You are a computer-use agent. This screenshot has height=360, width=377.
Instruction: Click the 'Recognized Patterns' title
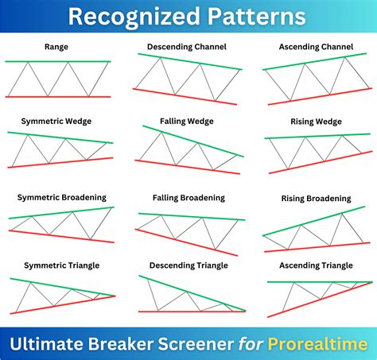pyautogui.click(x=188, y=17)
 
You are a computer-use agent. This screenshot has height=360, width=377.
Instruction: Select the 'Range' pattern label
pyautogui.click(x=56, y=47)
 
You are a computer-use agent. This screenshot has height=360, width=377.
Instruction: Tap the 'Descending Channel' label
pyautogui.click(x=188, y=47)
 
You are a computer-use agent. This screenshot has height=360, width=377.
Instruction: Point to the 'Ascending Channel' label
pyautogui.click(x=317, y=47)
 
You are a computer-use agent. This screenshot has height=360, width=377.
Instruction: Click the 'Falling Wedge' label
pyautogui.click(x=188, y=120)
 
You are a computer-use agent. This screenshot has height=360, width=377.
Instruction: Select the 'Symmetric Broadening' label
pyautogui.click(x=56, y=197)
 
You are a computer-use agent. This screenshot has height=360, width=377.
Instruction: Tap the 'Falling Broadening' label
pyautogui.click(x=188, y=197)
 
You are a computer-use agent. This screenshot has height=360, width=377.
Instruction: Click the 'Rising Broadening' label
pyautogui.click(x=317, y=198)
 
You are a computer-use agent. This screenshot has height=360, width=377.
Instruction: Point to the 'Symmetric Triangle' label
pyautogui.click(x=56, y=265)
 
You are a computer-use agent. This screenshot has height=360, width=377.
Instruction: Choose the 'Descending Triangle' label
pyautogui.click(x=188, y=265)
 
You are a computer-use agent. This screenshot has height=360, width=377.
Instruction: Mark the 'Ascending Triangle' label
pyautogui.click(x=317, y=265)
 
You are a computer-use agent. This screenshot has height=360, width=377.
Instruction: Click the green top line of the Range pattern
pyautogui.click(x=57, y=61)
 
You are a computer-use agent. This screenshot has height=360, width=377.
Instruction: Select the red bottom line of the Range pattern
pyautogui.click(x=57, y=97)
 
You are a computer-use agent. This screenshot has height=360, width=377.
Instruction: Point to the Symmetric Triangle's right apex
pyautogui.click(x=114, y=296)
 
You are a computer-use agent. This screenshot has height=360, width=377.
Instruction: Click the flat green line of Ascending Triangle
pyautogui.click(x=318, y=281)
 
